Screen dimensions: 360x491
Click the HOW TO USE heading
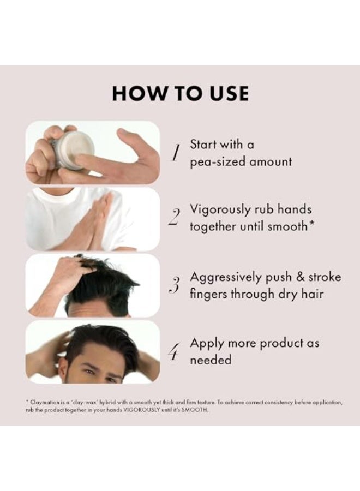coord(181,93)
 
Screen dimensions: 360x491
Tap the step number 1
coord(176,153)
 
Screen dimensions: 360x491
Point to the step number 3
coord(175,285)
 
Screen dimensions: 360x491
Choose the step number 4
coord(175,352)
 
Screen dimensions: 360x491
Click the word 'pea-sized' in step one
coord(218,163)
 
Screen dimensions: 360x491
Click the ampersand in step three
coord(300,277)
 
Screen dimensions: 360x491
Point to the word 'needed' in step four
coord(211,360)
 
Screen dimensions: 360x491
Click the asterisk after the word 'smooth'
coord(311,224)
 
